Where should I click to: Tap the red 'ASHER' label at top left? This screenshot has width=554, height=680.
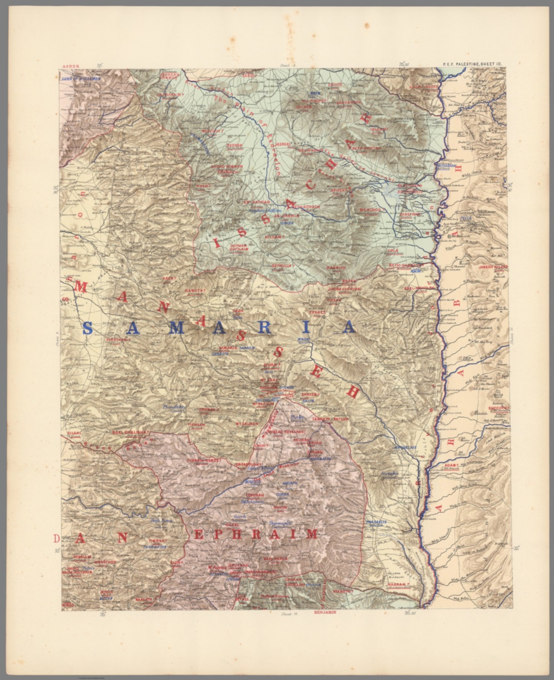coord(71,66)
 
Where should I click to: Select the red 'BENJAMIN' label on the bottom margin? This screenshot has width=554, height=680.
coord(325,613)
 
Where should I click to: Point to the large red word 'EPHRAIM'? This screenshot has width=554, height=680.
coord(256,534)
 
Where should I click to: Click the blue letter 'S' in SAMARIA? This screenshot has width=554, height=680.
coord(88,328)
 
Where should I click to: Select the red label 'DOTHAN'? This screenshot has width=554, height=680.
coord(237,245)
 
